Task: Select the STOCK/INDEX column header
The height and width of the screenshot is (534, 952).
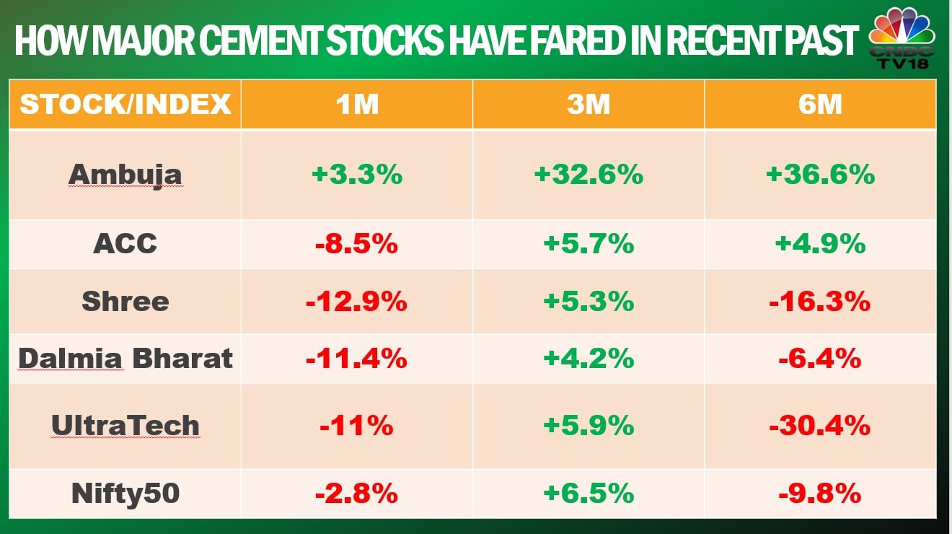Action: coord(125,105)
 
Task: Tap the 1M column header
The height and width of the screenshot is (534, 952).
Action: coord(356,105)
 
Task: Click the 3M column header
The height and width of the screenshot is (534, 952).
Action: coord(588,105)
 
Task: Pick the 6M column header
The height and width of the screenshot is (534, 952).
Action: coord(820,105)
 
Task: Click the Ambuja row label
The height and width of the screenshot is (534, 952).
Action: coord(125,175)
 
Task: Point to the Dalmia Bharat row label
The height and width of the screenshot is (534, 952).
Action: coord(125,358)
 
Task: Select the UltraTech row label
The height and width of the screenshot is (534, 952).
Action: coord(125,426)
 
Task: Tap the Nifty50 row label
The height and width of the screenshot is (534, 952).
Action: coord(125,494)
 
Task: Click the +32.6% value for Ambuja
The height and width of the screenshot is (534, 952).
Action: coord(588,175)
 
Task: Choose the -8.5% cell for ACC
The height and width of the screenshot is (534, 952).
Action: coord(356,244)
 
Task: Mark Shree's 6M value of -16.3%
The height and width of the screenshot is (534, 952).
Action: coord(820,301)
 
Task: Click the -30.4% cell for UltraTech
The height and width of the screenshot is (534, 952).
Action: coord(820,426)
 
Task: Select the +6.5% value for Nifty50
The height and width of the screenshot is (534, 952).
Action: coord(588,494)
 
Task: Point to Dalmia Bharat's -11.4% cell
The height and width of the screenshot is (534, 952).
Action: coord(356,358)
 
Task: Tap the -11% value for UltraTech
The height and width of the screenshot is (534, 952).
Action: coord(356,426)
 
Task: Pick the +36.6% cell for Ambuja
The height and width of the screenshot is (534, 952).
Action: coord(820,175)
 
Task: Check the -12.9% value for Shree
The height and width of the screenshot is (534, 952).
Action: coord(356,301)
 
